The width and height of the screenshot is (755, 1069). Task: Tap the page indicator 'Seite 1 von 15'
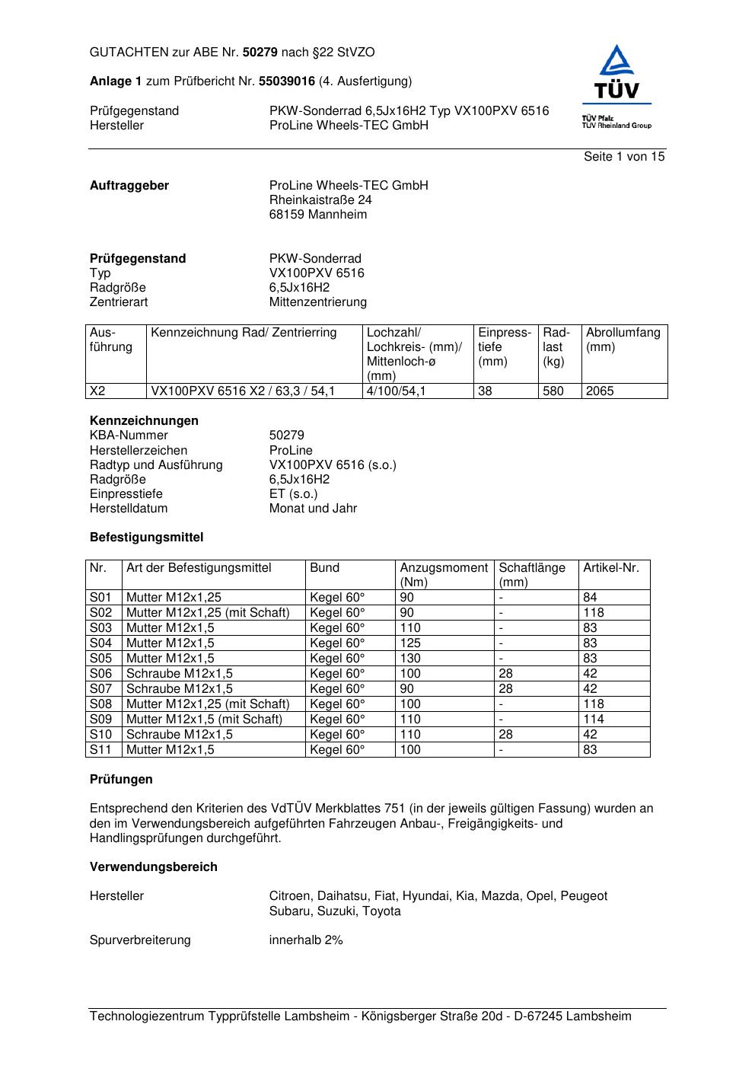coord(624,157)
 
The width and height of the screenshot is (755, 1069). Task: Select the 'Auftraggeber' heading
coord(129,186)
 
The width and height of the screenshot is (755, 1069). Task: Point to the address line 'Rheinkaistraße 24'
coord(320,200)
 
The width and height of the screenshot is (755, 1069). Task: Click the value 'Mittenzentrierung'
coord(317,302)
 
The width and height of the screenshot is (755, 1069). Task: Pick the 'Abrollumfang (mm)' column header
coord(623,340)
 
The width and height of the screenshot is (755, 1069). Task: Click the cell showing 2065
coord(600,391)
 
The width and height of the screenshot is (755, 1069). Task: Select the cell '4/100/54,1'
coord(397,391)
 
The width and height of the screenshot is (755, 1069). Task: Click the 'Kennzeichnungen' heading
coord(144,421)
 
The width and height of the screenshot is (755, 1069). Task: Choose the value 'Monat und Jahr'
coord(313,509)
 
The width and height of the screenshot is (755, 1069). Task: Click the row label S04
coord(100,643)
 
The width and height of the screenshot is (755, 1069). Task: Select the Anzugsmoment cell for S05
coord(411,659)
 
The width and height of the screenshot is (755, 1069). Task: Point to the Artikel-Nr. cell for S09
coord(594,720)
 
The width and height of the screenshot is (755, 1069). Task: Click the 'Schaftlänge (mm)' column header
coord(532,575)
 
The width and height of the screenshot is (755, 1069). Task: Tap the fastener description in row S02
coord(208,613)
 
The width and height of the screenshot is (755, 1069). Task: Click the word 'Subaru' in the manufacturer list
coord(288,911)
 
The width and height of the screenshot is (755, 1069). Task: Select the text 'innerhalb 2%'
coord(306,940)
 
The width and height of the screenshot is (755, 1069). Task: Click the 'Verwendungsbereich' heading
coord(154,867)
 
